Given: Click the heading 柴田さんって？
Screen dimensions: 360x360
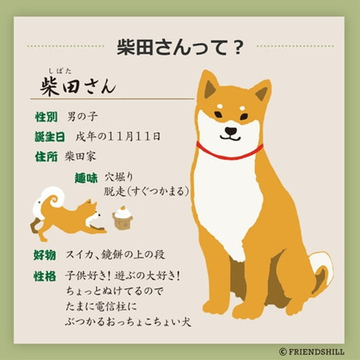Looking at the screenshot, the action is [180, 48].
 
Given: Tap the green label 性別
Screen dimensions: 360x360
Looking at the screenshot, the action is [46, 117].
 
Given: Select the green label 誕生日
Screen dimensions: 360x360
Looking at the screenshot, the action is [50, 137].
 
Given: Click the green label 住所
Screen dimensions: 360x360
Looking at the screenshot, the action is [46, 157].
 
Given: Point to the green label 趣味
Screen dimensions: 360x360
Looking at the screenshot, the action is [86, 178].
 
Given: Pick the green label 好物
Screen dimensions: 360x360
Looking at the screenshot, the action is [45, 255].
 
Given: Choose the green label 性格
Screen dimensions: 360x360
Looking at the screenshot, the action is [45, 276].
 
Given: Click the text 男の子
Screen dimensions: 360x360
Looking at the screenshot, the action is [82, 117].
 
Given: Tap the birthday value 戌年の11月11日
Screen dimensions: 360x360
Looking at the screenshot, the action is [118, 137].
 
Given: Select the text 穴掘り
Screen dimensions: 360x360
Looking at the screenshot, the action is [119, 177].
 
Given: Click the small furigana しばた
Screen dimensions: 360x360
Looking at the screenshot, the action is [60, 71].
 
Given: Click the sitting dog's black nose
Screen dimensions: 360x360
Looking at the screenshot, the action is [231, 131].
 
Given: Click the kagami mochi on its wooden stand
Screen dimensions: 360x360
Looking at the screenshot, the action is [122, 217].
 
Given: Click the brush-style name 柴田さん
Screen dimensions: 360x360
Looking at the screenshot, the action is [78, 86].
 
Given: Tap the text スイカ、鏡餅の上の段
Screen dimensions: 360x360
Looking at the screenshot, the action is [115, 255].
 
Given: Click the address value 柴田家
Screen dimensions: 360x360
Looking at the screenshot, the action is [81, 157].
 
